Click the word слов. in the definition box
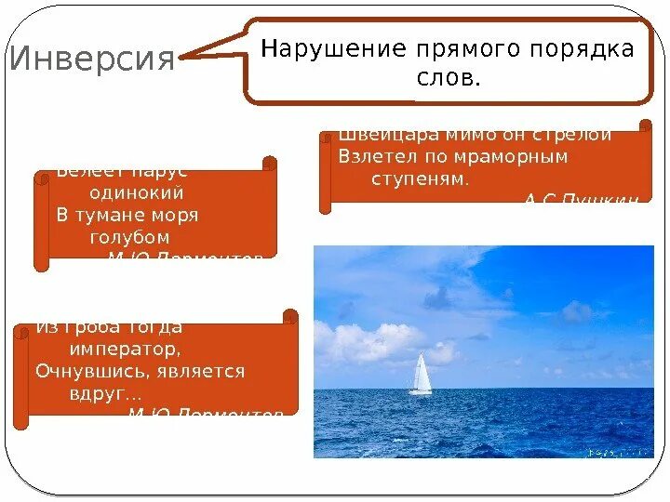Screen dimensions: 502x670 (449, 79)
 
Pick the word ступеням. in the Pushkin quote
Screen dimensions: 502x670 (421, 178)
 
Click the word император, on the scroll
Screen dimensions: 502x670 (125, 350)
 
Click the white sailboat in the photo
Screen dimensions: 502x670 (422, 374)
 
